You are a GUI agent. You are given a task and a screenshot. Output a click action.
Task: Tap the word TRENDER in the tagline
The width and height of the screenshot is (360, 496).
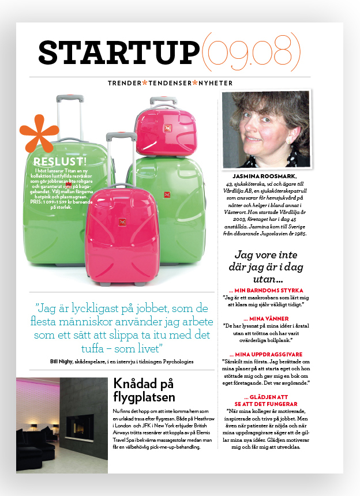click(x=124, y=83)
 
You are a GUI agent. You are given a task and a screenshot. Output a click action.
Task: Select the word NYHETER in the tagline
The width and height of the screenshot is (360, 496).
click(x=216, y=83)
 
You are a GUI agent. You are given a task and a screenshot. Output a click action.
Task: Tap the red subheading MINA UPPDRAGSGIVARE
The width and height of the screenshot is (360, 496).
click(x=266, y=354)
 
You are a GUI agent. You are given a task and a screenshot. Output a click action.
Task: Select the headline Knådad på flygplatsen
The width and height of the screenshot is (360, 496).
click(x=144, y=390)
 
